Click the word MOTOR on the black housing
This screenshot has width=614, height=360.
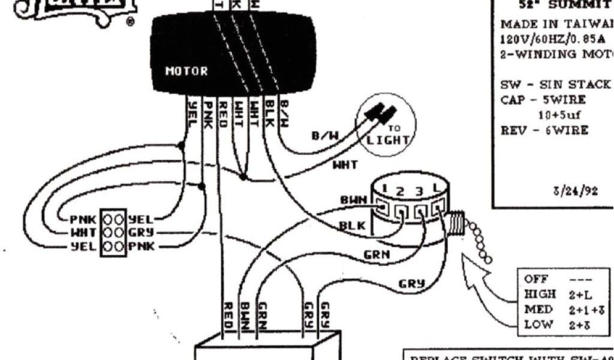click(x=186, y=71)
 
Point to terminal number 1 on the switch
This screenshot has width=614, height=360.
click(x=384, y=189)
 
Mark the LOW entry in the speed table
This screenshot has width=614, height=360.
click(x=535, y=325)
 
